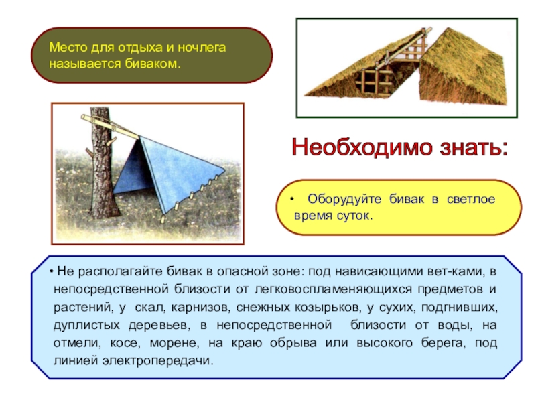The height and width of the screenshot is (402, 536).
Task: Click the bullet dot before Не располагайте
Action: point(51,272)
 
